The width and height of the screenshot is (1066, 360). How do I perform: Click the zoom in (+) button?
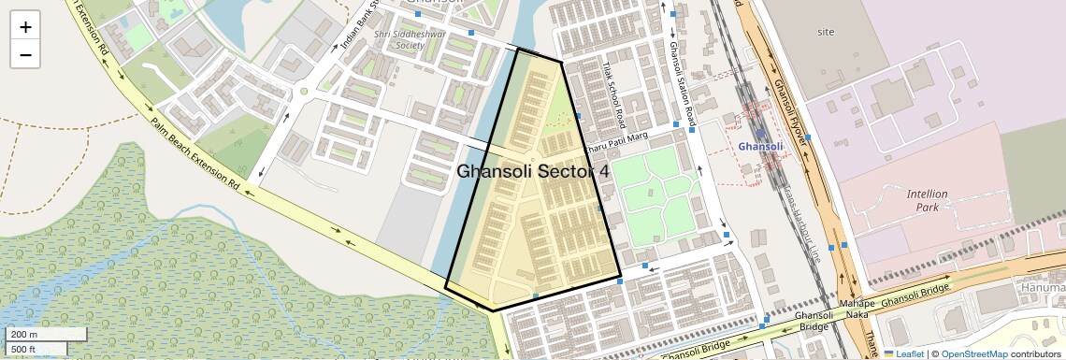click(25, 27)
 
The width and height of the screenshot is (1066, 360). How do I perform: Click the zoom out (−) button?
click(25, 54)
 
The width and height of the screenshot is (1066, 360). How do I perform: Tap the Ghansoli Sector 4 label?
click(533, 172)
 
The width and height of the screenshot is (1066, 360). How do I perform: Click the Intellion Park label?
click(927, 200)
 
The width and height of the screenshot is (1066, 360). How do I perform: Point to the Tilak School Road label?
click(614, 97)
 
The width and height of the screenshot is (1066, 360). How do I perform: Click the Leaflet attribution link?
click(903, 354)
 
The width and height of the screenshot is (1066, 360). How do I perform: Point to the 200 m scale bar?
click(36, 335)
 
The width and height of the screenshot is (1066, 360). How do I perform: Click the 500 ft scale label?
click(24, 350)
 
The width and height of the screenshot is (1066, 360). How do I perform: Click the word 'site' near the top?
click(825, 32)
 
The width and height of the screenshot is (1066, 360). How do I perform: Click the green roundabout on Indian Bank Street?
click(303, 92)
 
